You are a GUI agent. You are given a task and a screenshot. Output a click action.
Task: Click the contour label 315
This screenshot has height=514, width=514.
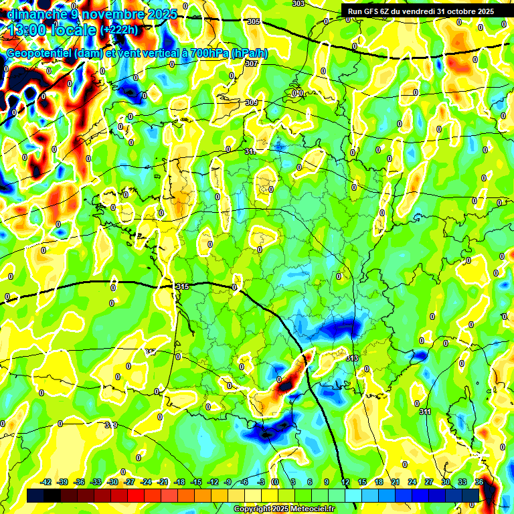click(x=181, y=286)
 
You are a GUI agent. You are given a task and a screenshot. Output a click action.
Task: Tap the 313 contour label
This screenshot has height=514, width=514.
click(x=352, y=358)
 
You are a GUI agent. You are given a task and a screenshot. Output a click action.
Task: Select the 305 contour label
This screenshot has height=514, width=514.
click(x=253, y=21)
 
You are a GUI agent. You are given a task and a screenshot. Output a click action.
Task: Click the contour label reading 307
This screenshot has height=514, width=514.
click(x=251, y=64)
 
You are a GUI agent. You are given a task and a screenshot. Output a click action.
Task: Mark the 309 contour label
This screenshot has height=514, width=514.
click(x=252, y=102)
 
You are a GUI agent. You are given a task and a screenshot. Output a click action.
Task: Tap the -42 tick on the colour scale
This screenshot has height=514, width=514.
click(x=46, y=482)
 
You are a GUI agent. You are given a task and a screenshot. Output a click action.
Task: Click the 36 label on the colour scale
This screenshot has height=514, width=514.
click(x=479, y=482)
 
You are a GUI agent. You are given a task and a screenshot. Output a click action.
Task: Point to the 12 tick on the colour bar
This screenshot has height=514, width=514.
click(x=345, y=482)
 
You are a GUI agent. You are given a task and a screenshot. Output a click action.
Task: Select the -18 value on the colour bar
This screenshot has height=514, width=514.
click(x=179, y=482)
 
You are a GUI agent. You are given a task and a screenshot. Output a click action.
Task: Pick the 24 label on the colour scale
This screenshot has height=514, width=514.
click(x=412, y=482)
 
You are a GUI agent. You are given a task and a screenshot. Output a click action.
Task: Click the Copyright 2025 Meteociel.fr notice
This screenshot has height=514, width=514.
click(x=283, y=509)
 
